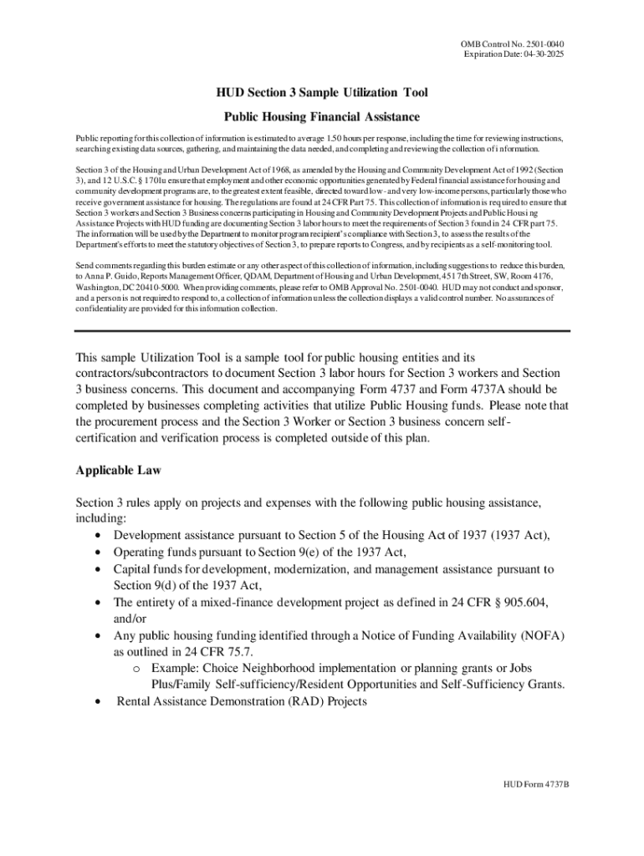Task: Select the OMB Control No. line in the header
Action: [x=518, y=43]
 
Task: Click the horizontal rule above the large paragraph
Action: [x=321, y=331]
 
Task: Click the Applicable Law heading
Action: [x=118, y=471]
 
